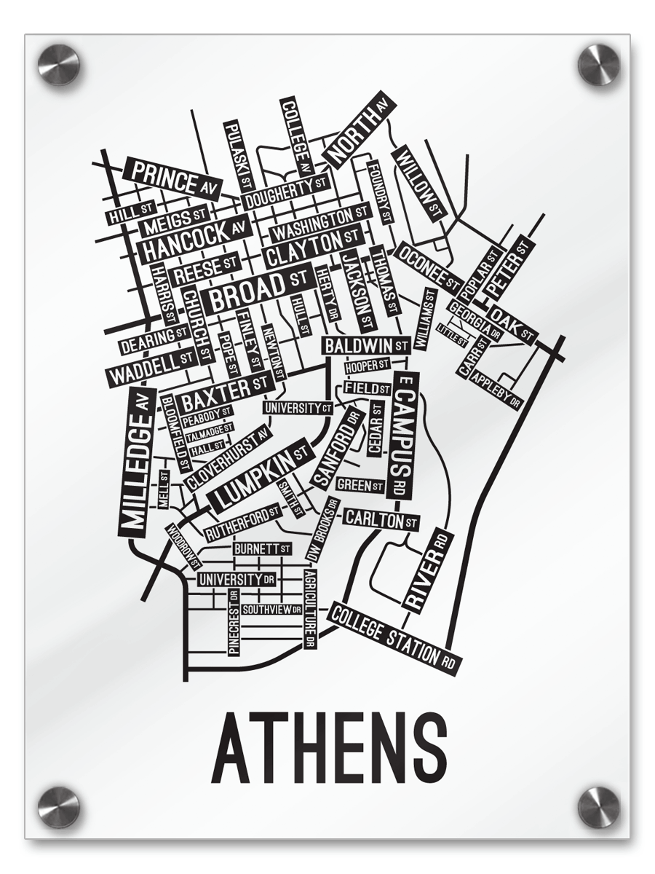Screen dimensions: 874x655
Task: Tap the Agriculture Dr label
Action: (310, 609)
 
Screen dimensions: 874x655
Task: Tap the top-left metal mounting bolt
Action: (58, 65)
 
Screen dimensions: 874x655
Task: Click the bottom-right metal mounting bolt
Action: (598, 807)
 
